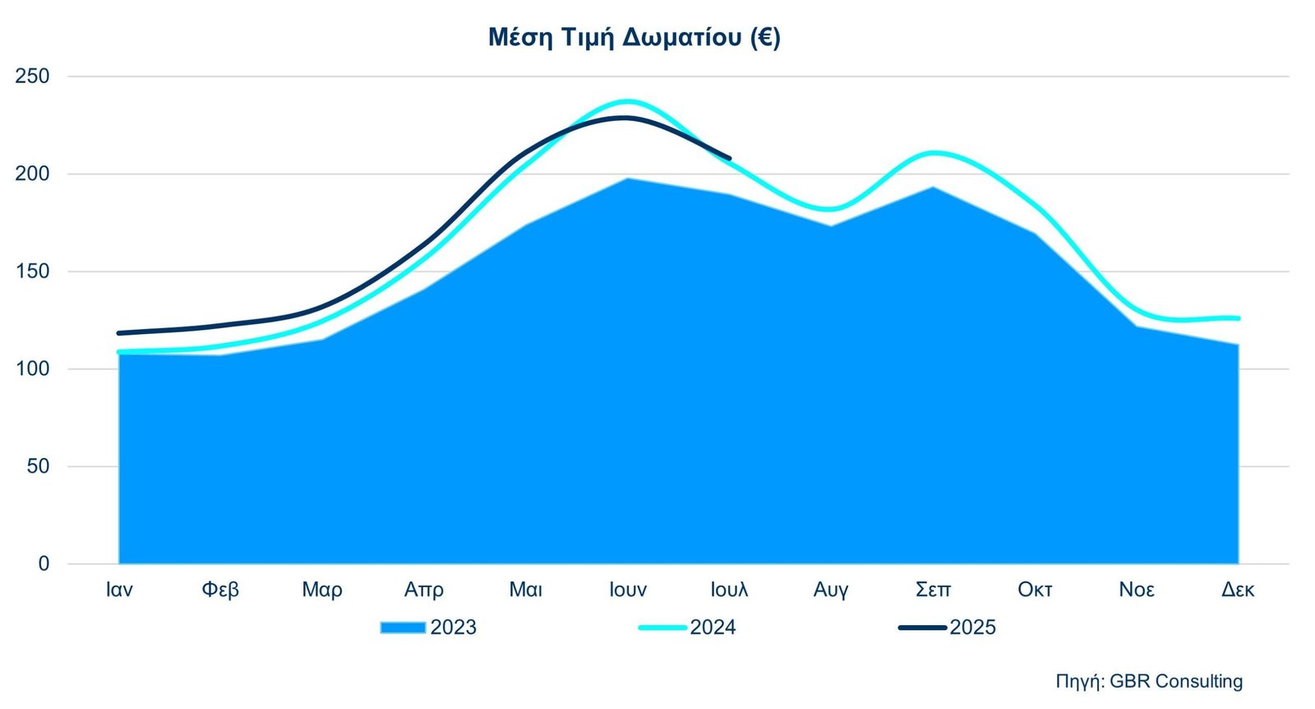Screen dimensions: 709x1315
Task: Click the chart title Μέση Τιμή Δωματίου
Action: [x=634, y=38]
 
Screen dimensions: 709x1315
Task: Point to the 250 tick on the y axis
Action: [x=33, y=76]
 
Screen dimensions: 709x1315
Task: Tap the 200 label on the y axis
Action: [x=33, y=174]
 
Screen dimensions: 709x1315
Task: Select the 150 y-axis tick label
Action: [x=33, y=271]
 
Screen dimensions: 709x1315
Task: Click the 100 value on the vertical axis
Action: [x=33, y=368]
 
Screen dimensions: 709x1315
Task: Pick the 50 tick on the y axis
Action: [x=38, y=466]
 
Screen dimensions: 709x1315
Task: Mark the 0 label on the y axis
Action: [x=44, y=563]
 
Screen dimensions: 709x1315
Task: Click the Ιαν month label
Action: [x=119, y=590]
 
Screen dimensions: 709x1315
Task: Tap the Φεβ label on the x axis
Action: [x=220, y=590]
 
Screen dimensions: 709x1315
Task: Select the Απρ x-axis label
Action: [x=424, y=590]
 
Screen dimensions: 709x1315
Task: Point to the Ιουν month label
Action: [x=628, y=590]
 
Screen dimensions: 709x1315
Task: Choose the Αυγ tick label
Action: [x=831, y=590]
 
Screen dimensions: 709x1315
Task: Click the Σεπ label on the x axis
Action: [x=933, y=590]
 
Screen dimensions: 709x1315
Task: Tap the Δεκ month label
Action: [x=1238, y=590]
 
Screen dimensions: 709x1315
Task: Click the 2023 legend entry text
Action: [x=453, y=628]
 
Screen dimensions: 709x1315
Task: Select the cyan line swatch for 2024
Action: [x=662, y=628]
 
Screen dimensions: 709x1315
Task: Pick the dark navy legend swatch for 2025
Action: [x=922, y=628]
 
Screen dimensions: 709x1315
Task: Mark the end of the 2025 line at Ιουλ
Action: [x=729, y=159]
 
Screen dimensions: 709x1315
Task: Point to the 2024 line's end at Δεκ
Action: [x=1238, y=318]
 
